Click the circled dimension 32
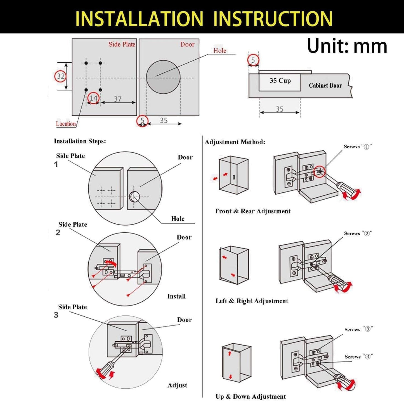[x=60, y=76]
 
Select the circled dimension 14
[x=93, y=98]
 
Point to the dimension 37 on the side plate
[x=118, y=99]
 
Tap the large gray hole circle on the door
[x=163, y=77]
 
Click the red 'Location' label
[x=66, y=124]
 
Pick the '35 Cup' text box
[x=280, y=81]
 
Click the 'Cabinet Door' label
[x=325, y=86]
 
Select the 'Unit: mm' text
[x=347, y=46]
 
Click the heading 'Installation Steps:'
[x=80, y=141]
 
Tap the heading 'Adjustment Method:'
[x=235, y=142]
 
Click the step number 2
[x=58, y=233]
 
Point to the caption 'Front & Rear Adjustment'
[x=253, y=211]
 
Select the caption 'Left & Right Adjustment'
[x=252, y=301]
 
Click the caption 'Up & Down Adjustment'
[x=251, y=397]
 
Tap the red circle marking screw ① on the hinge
[x=319, y=172]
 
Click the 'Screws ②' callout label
[x=358, y=233]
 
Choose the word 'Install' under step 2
[x=176, y=296]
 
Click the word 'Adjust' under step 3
[x=177, y=385]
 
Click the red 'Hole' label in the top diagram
[x=220, y=51]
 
